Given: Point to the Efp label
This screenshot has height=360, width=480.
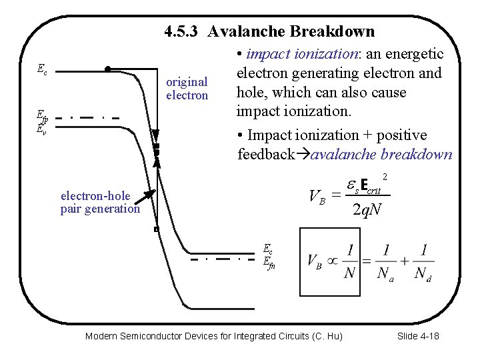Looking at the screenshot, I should pos(42,119).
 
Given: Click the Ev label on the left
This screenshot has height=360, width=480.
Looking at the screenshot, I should pos(41,129).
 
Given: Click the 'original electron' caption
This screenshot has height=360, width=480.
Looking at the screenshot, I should pos(187,89).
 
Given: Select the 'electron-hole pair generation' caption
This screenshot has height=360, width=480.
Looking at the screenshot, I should pos(100,202).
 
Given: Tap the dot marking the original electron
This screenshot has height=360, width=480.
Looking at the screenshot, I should pos(108,68).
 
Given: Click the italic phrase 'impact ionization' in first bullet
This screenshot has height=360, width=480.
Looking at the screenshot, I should pos(293,54).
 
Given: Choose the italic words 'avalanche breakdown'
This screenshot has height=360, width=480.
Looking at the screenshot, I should pos(381,155).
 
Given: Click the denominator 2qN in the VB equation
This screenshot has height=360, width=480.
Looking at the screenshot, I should pos(367,211).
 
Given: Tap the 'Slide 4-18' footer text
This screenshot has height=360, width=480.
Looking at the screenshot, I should pos(417,336).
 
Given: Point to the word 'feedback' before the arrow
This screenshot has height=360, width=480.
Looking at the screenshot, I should pos(266,155).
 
